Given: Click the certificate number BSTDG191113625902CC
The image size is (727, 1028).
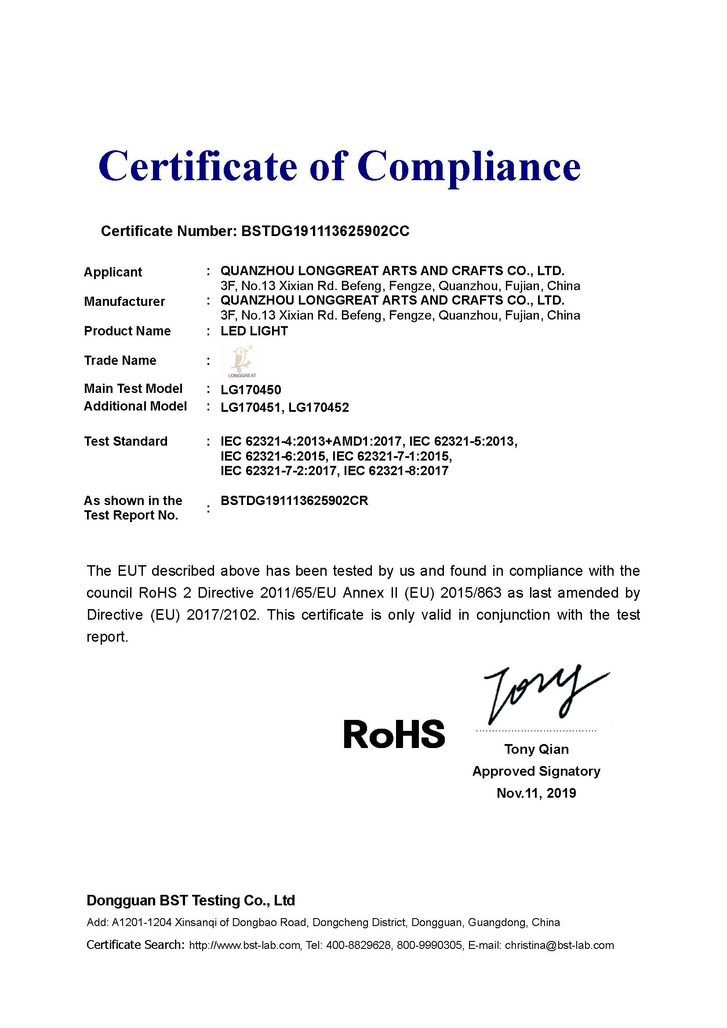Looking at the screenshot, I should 325,231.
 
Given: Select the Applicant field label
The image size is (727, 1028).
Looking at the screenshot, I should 113,272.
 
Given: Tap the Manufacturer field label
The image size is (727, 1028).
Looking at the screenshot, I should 124,301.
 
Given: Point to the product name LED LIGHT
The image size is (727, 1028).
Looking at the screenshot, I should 254,331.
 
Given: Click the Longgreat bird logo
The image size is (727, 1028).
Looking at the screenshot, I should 242,360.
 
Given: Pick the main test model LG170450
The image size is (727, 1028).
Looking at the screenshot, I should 251,390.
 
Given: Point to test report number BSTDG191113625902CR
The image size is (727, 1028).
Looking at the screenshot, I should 294,501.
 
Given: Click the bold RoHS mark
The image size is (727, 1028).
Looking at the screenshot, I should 394,735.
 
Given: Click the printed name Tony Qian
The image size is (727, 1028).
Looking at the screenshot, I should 536,749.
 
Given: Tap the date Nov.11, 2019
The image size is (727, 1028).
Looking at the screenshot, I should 536,793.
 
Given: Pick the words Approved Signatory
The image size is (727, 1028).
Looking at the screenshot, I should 536,771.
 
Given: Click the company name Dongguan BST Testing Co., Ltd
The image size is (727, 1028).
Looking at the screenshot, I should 191,901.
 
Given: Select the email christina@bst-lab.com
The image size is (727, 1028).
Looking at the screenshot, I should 559,945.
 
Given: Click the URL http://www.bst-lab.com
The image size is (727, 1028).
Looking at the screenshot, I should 244,945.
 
